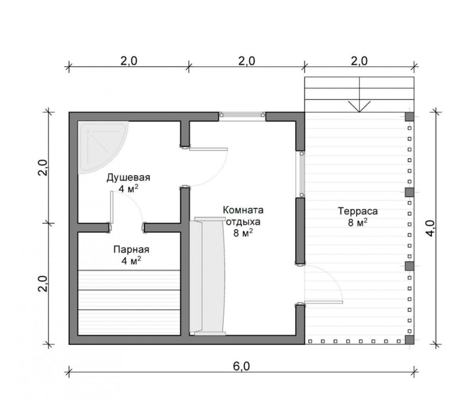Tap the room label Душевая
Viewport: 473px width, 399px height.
128,178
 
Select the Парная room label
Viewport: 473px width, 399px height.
131,250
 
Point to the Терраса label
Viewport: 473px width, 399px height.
358,211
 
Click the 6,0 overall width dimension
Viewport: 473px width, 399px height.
242,366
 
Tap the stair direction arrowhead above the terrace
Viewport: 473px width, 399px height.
359,107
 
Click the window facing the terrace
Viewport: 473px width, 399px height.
302,175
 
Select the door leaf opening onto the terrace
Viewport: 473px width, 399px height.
324,301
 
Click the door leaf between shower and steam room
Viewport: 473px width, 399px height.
111,207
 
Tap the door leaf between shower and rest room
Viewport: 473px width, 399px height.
208,149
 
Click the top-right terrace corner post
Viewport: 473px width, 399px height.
410,116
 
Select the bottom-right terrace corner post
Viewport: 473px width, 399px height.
410,340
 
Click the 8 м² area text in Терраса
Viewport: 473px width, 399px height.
358,222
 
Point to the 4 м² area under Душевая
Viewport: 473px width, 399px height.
128,189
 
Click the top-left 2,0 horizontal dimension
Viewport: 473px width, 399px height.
129,61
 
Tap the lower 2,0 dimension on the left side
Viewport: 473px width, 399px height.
44,284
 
